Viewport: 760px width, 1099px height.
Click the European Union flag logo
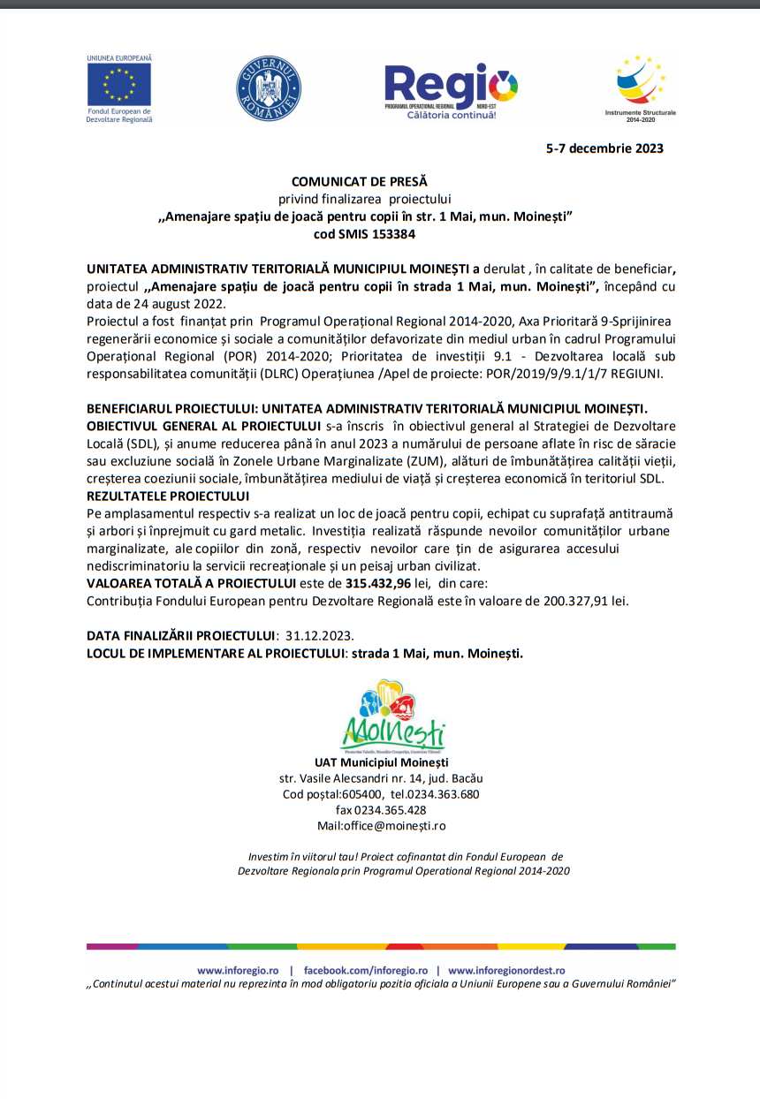tap(118, 84)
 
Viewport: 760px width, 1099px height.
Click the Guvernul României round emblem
tap(269, 89)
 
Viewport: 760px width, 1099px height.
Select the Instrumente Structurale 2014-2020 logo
tap(641, 86)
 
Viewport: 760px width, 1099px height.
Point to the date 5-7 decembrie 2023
tap(604, 148)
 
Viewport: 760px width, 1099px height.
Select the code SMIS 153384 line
tap(364, 235)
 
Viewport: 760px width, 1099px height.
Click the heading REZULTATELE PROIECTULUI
tap(168, 496)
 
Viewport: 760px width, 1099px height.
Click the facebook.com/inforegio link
tap(366, 970)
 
